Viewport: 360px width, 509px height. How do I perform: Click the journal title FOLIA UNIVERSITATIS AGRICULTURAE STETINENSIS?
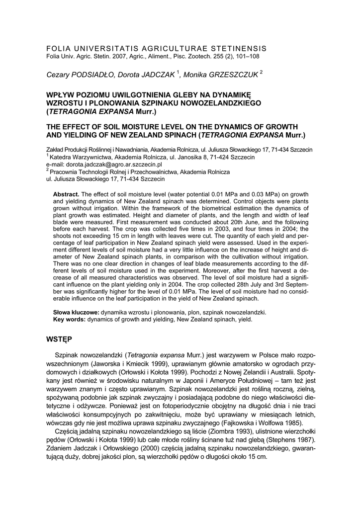coord(156,48)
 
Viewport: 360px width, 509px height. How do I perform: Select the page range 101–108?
coord(246,57)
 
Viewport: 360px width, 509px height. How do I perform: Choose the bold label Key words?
coord(69,319)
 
